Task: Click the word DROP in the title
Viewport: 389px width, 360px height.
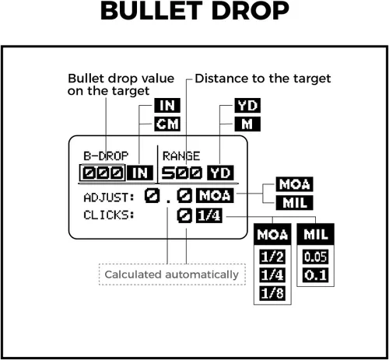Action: [251, 11]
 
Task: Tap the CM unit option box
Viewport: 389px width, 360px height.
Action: [167, 124]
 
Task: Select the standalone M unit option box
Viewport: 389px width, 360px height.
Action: [247, 124]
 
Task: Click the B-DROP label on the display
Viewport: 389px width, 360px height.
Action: [106, 156]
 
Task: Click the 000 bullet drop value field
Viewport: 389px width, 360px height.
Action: [103, 173]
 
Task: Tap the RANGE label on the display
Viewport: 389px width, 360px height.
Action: [181, 156]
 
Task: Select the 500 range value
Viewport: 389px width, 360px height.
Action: [181, 173]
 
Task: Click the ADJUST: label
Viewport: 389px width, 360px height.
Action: [109, 197]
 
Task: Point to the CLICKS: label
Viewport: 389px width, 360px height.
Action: [109, 215]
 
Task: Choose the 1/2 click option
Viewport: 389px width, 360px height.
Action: [272, 257]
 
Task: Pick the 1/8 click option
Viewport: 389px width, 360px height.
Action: [272, 293]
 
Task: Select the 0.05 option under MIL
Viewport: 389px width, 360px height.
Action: [315, 257]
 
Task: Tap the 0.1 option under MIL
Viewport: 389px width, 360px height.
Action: [315, 275]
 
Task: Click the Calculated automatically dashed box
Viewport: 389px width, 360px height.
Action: [172, 274]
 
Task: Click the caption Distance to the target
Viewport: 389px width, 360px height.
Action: [263, 79]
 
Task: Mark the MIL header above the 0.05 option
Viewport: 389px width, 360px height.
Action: [315, 234]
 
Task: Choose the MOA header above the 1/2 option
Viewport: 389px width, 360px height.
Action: [272, 234]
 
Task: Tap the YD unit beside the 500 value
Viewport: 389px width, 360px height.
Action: [220, 173]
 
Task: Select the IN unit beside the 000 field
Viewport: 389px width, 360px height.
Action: [140, 173]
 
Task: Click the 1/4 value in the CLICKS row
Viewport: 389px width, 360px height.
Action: [209, 215]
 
